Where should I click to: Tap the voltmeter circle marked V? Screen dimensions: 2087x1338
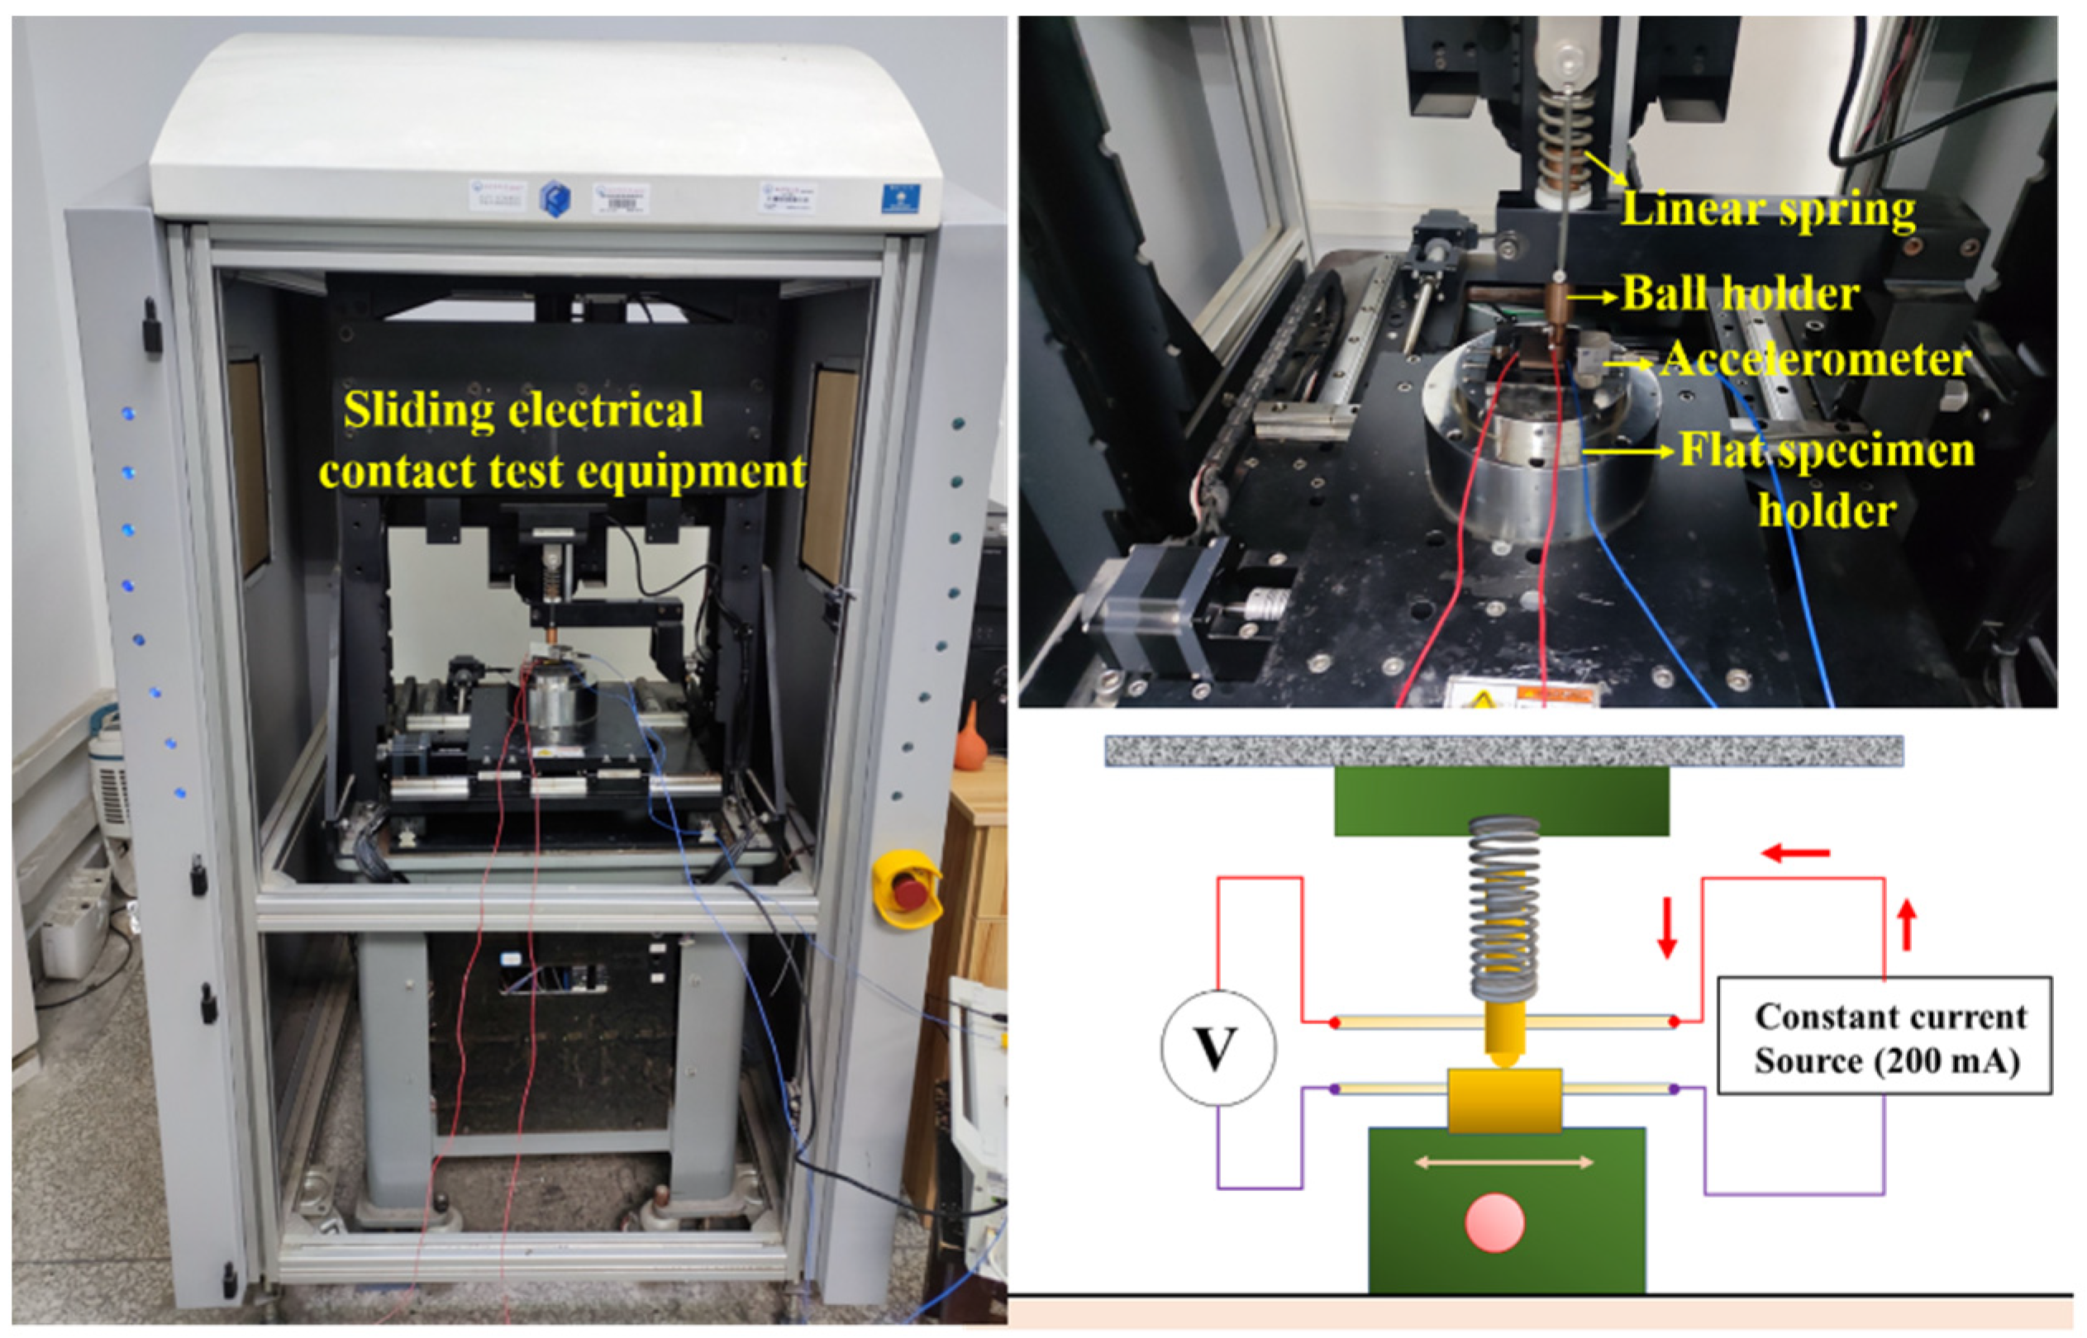click(1217, 1047)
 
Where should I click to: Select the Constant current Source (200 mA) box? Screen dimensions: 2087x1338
click(1884, 1036)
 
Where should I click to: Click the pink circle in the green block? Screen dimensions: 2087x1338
click(1494, 1222)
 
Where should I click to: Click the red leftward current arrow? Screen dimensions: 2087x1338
click(1795, 853)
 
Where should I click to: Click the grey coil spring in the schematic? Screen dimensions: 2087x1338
click(1503, 908)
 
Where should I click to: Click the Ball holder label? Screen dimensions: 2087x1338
click(1740, 294)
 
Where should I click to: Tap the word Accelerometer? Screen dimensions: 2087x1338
click(1816, 360)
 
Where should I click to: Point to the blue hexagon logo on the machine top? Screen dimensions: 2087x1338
click(555, 199)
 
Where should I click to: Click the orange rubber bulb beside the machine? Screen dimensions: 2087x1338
click(970, 739)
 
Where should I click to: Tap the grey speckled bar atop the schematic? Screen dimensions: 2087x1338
click(1503, 751)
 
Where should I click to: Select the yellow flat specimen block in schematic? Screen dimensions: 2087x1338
click(1503, 1100)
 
